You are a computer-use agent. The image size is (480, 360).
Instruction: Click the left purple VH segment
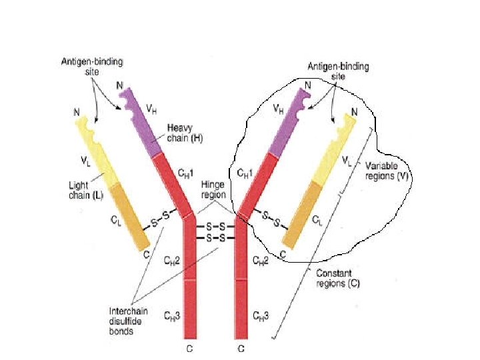coord(139,123)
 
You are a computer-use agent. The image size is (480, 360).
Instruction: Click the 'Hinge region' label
coord(214,190)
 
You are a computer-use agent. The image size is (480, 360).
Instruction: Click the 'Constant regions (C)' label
coord(337,278)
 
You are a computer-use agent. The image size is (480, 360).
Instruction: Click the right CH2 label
coord(261,261)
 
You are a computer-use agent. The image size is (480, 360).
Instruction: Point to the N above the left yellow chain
coord(78,111)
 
